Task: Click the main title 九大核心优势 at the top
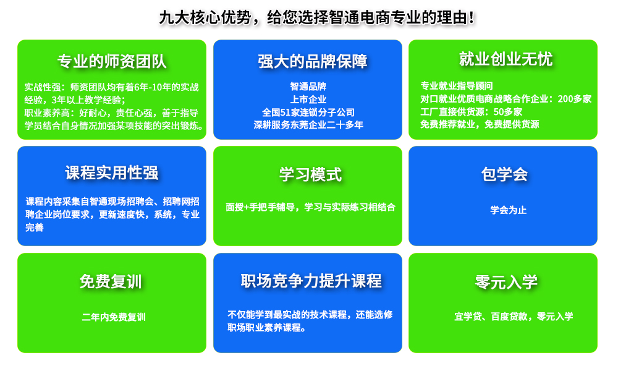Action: tap(205, 18)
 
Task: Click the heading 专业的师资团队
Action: tap(112, 61)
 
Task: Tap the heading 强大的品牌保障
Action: tap(313, 61)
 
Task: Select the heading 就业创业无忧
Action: tap(506, 59)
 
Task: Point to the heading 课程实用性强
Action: tap(112, 173)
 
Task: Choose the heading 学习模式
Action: tap(311, 174)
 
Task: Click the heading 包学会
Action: tap(504, 174)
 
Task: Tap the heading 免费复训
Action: tap(111, 281)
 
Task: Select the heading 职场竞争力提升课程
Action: tap(311, 281)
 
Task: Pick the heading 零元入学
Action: tap(506, 282)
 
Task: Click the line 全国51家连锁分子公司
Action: tap(308, 113)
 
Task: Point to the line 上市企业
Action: tap(308, 100)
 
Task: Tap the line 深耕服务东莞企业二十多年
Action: tap(308, 125)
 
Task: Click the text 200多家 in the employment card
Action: tap(575, 99)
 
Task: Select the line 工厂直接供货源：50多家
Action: tap(472, 112)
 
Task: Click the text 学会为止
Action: tap(509, 210)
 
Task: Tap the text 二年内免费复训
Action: tap(114, 317)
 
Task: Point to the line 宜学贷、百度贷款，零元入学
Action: tap(514, 317)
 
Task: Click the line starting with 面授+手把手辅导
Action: tap(311, 207)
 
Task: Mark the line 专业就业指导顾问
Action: tap(457, 86)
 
